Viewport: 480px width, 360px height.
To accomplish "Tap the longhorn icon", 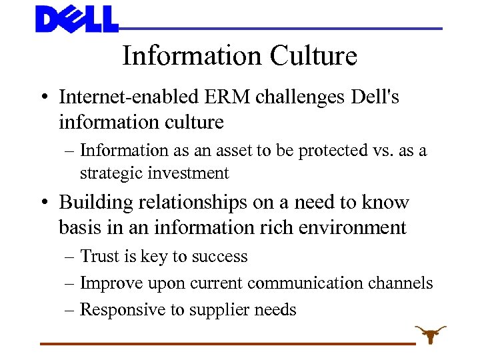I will [x=430, y=333].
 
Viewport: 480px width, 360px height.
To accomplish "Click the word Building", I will [x=93, y=202].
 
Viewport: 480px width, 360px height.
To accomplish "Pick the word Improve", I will [x=107, y=283].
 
